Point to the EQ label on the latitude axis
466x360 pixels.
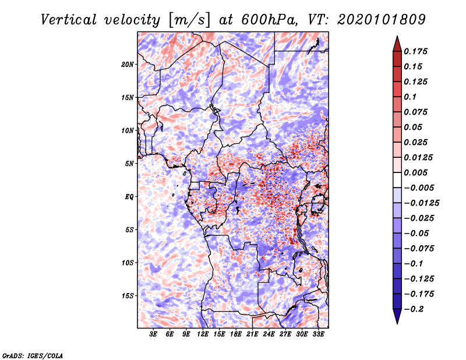point(129,196)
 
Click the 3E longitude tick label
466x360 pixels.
point(154,334)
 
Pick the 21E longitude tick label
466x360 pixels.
point(252,334)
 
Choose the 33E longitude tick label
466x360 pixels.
point(318,334)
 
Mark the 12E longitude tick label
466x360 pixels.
point(203,334)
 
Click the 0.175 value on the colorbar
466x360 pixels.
point(416,51)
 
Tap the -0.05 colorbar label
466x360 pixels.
point(416,233)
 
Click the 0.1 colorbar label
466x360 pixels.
point(410,97)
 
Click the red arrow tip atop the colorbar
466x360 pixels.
point(397,41)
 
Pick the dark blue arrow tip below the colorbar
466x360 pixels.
point(397,318)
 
